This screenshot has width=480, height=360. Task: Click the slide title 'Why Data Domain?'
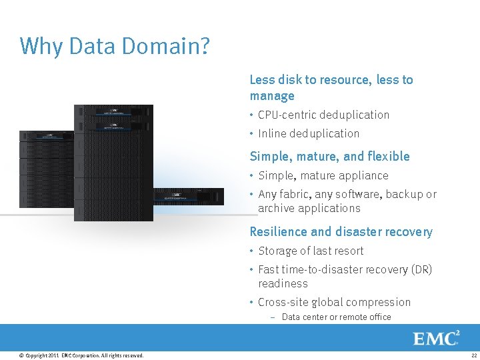point(115,46)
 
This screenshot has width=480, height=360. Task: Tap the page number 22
point(473,355)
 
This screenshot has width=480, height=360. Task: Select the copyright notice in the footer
point(81,355)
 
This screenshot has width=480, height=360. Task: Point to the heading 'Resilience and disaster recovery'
point(341,232)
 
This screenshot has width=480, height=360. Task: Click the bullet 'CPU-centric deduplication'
point(323,115)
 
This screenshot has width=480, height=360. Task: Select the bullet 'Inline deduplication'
point(308,133)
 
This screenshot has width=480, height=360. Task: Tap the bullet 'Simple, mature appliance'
point(323,175)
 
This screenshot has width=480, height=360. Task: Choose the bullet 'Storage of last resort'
point(311,251)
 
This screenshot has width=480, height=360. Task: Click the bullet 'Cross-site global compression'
point(334,302)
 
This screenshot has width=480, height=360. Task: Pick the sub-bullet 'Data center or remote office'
point(336,317)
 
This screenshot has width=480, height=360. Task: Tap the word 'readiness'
point(283,283)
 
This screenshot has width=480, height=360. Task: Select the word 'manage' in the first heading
point(272,96)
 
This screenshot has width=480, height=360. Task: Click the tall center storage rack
point(113,163)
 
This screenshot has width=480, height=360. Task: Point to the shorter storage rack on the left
point(47,170)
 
